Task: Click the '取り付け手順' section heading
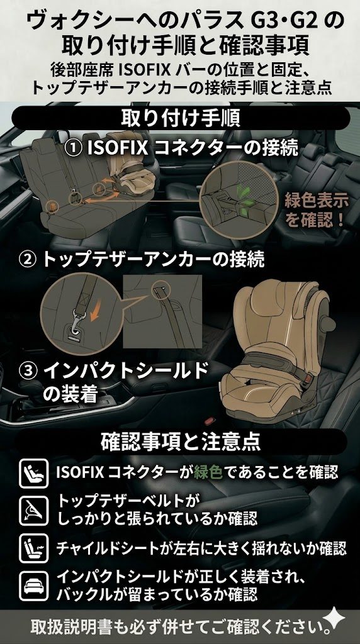click(179, 118)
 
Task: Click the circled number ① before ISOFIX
click(74, 149)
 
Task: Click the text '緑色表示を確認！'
click(315, 211)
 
